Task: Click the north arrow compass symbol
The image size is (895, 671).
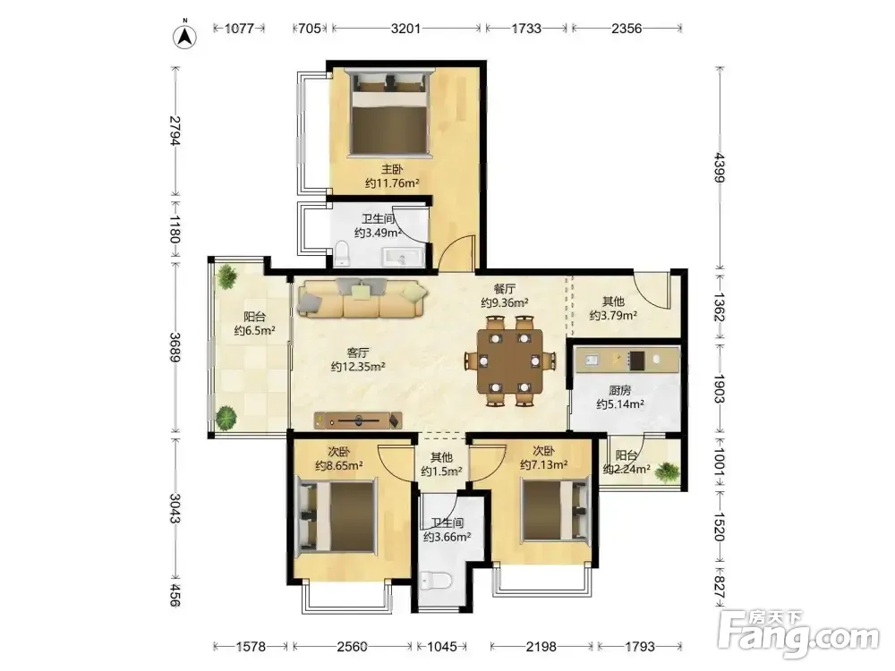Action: [x=185, y=37]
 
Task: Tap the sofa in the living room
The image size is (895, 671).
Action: [x=362, y=298]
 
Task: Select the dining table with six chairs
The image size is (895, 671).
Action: [x=510, y=361]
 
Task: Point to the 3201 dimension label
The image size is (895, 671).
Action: [x=405, y=28]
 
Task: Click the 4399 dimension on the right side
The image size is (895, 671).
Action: [x=719, y=168]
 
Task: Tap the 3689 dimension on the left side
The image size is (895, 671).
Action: [x=175, y=347]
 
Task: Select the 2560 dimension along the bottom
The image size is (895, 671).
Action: [x=352, y=647]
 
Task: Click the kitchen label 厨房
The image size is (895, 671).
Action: [x=620, y=390]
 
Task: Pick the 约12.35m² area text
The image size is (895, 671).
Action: [x=358, y=367]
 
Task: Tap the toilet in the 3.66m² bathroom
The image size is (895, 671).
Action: [x=437, y=581]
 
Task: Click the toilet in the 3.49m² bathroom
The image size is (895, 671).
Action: [x=341, y=254]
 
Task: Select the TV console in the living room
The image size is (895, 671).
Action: [x=358, y=421]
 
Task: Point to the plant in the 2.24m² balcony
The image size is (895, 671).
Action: [x=666, y=472]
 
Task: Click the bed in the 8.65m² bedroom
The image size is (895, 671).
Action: [x=337, y=517]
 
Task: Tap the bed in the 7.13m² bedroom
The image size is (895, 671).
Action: [x=556, y=511]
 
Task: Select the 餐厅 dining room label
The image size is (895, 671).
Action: [x=505, y=289]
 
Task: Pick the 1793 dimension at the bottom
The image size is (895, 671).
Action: [x=640, y=647]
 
